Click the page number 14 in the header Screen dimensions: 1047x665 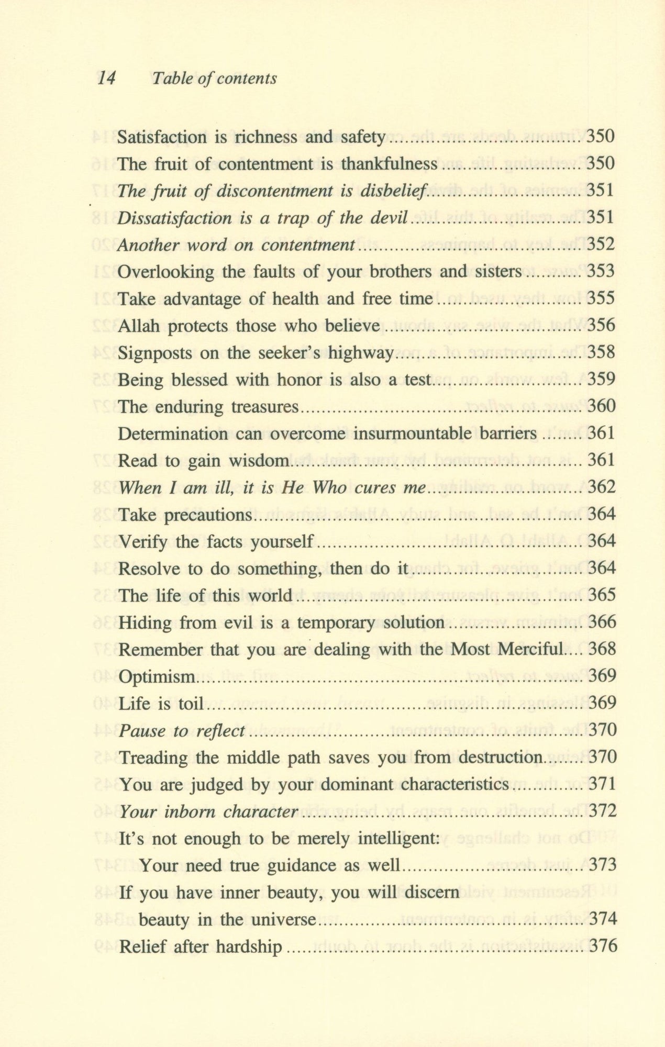click(x=106, y=79)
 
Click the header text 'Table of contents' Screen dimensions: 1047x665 click(x=214, y=79)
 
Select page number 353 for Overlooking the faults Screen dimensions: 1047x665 click(x=601, y=271)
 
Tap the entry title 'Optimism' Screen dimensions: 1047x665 click(x=157, y=677)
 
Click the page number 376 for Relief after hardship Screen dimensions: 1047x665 click(x=603, y=946)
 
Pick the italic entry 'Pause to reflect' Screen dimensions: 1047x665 click(x=182, y=731)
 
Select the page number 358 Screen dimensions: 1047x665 click(x=601, y=352)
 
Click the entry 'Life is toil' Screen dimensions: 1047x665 click(x=161, y=704)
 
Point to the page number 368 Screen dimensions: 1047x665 click(x=602, y=649)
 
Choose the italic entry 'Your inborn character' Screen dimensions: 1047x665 click(x=208, y=812)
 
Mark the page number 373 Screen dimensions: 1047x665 click(x=603, y=865)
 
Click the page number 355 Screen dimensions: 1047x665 click(x=601, y=298)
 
